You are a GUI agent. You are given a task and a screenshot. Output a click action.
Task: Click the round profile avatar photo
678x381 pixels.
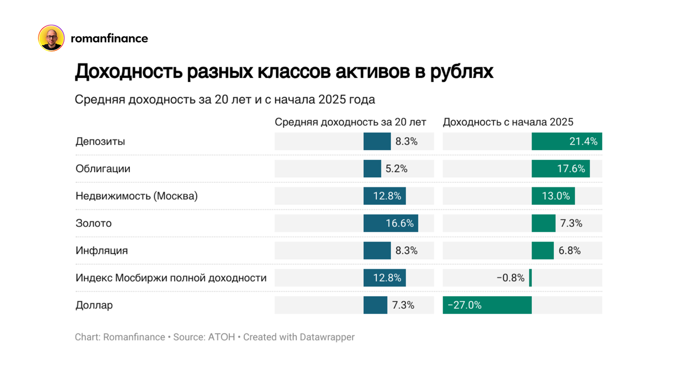[51, 38]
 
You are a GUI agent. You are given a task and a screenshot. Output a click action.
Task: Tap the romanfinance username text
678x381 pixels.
[109, 38]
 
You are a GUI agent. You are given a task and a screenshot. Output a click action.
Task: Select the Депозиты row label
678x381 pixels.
[100, 141]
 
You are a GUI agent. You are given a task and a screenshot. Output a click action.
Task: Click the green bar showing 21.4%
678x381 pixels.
[567, 141]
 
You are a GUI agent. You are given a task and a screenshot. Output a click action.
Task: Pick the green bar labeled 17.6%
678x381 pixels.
[560, 169]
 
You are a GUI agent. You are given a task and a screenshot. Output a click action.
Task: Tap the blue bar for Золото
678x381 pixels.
[390, 223]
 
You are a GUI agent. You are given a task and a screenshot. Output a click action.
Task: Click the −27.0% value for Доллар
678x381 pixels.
[464, 305]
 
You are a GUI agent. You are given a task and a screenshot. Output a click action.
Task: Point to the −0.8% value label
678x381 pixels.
[510, 278]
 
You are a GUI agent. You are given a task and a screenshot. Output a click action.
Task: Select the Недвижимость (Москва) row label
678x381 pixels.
[136, 196]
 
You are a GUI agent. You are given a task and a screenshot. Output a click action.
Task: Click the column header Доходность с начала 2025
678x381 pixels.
[508, 122]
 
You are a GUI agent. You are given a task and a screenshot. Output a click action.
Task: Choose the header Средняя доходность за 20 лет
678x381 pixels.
[350, 122]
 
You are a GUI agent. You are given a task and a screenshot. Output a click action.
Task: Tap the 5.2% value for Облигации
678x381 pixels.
[395, 169]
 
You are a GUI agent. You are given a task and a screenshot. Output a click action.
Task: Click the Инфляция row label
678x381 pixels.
[102, 251]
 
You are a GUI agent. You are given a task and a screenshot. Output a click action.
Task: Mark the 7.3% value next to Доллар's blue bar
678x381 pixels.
[403, 305]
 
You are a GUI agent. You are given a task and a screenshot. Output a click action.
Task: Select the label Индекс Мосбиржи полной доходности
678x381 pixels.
[171, 278]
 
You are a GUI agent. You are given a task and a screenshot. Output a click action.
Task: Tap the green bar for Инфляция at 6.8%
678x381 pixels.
[542, 251]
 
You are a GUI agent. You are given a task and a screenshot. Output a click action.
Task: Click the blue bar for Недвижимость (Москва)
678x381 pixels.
[384, 196]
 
